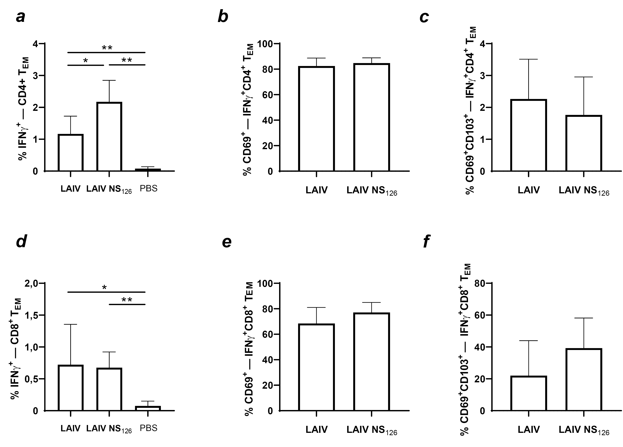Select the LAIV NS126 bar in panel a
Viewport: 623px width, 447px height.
(x=109, y=137)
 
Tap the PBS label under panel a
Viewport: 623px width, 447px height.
(x=149, y=189)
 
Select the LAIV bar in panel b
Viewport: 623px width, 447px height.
(x=316, y=119)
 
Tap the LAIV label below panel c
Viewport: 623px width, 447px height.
(x=529, y=190)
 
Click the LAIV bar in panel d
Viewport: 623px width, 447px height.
(x=71, y=388)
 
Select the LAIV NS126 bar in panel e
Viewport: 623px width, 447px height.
(x=371, y=362)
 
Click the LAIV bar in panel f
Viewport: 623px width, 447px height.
(x=529, y=393)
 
